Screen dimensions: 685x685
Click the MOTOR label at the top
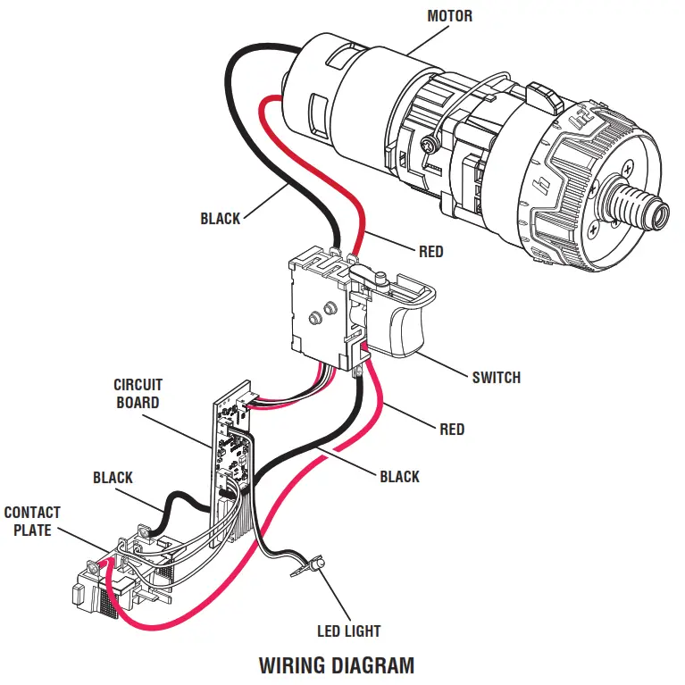coord(449,16)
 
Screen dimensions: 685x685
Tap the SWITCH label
coord(496,378)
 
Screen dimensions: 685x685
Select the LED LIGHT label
coord(348,631)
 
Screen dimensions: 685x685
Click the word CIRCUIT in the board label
coord(138,386)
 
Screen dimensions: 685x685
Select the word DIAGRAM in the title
coord(376,665)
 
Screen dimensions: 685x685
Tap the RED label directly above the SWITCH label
coord(430,253)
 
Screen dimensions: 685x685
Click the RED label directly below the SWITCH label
coord(452,430)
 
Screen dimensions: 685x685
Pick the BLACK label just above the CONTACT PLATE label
coord(113,479)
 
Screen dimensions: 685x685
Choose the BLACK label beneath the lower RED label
coord(399,477)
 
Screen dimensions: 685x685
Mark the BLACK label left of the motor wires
coord(220,219)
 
